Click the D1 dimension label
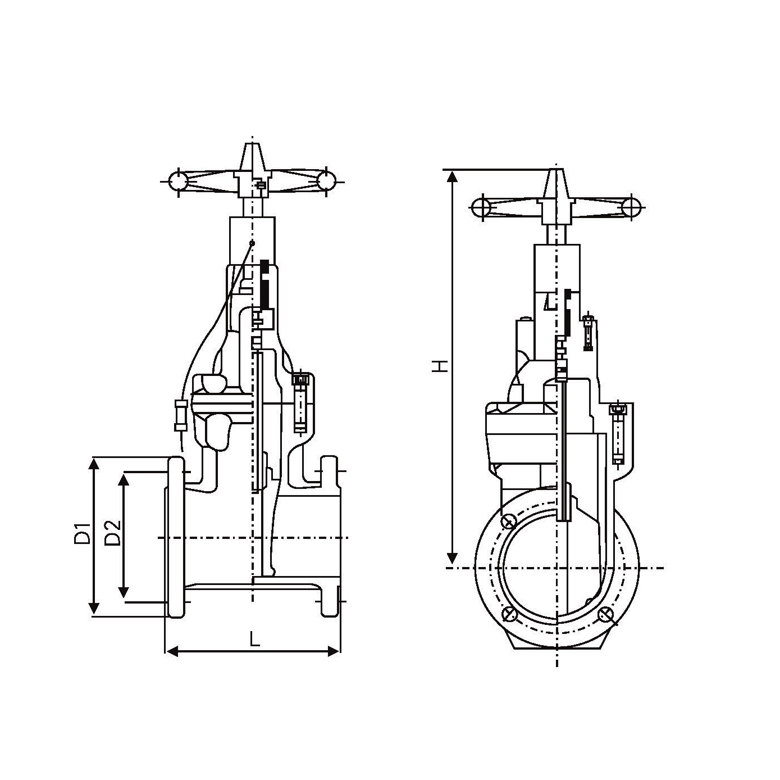pos(82,534)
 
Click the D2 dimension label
pos(112,532)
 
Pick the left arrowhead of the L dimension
pos(174,651)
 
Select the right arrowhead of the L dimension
pos(331,651)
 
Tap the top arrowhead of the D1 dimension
pos(94,465)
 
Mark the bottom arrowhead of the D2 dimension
pos(124,589)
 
